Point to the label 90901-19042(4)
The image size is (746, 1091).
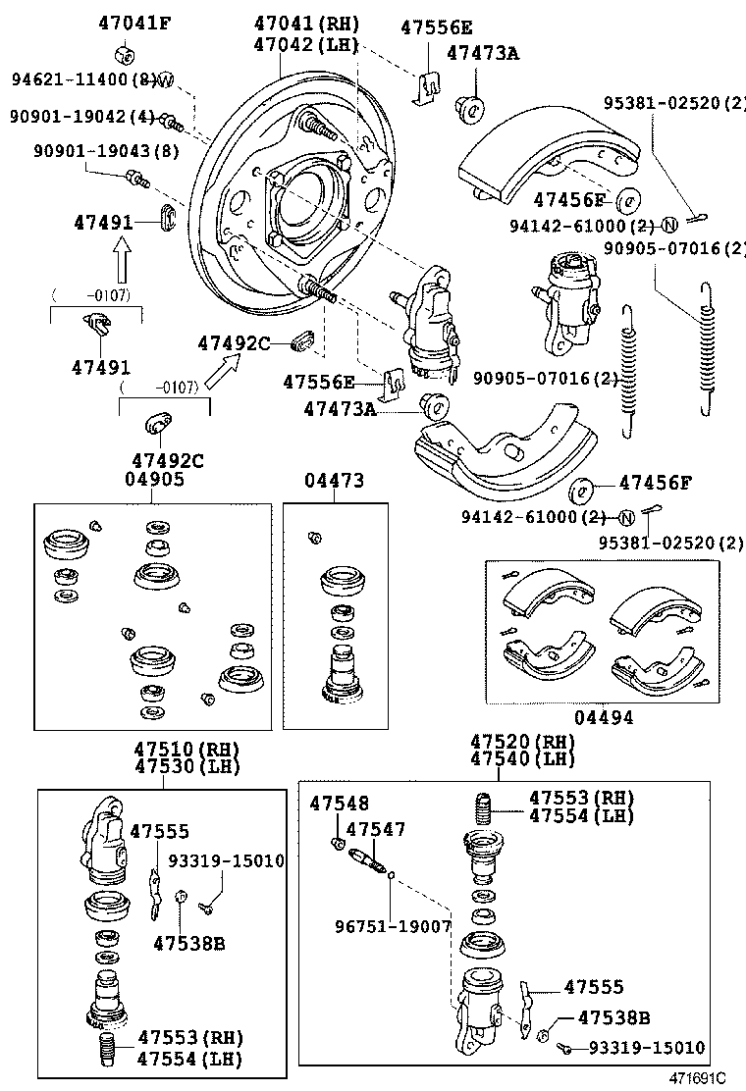(81, 117)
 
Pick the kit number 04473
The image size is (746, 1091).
(334, 480)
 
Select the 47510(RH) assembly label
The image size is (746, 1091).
(186, 749)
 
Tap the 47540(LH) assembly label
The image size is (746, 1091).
(521, 759)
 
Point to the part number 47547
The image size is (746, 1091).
(375, 830)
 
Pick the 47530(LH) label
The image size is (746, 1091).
(186, 766)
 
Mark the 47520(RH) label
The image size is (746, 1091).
(521, 742)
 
